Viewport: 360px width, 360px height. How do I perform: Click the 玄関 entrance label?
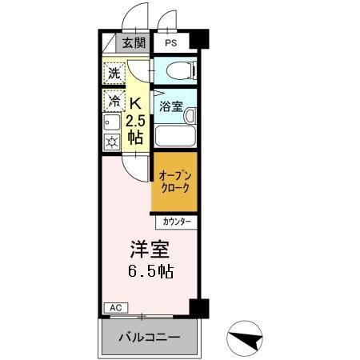pos(134,43)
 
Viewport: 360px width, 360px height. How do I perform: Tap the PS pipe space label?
pos(171,43)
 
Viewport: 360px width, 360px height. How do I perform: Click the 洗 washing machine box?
pos(114,73)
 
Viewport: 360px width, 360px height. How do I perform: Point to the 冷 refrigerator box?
pos(114,101)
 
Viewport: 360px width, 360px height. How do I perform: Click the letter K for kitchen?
pos(136,102)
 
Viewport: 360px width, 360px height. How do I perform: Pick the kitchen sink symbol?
pos(112,122)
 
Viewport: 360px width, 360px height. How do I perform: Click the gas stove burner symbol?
pos(112,142)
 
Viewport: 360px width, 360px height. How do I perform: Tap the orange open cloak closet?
pos(174,182)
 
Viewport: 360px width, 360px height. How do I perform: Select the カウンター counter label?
pos(175,220)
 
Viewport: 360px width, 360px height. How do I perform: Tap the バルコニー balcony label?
pos(149,338)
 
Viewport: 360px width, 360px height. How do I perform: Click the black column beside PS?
pos(200,38)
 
